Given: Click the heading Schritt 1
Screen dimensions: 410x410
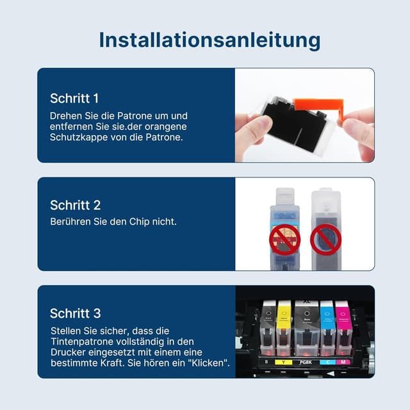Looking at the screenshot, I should (74, 99).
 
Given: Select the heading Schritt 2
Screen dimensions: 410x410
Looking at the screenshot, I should (75, 205).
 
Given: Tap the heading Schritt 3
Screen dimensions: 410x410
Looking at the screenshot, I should (75, 313).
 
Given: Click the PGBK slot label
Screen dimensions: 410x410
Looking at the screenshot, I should (306, 363).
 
